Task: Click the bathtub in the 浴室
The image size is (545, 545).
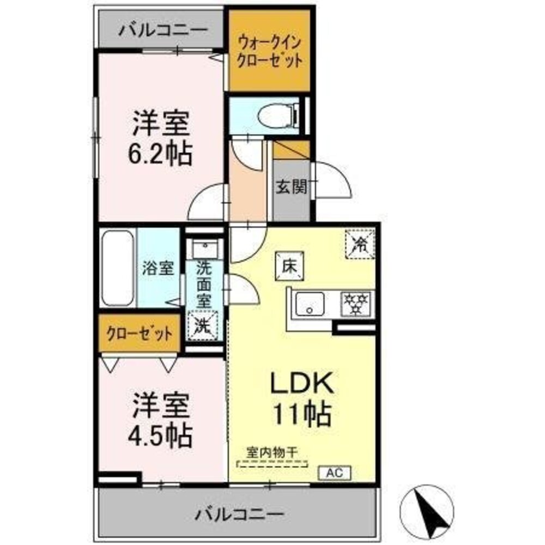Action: [x=117, y=269]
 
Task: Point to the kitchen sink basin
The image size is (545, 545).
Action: [x=309, y=305]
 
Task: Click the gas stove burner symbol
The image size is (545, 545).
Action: [x=355, y=304]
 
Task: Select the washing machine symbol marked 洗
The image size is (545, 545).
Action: [x=203, y=325]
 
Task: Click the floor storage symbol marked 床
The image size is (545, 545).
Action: [x=288, y=267]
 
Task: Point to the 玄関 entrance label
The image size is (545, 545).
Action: [x=291, y=187]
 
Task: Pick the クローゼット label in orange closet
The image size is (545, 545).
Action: [x=140, y=333]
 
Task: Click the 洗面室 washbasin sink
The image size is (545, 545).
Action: [x=204, y=250]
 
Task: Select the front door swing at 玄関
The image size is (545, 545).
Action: [x=332, y=183]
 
